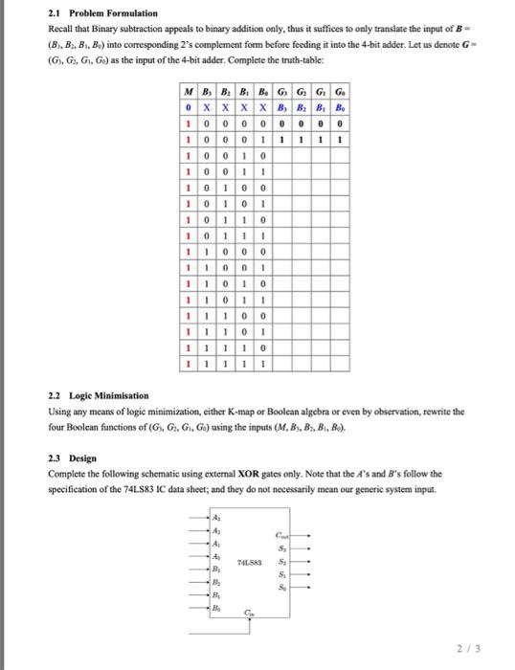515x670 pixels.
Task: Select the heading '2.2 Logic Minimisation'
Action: click(91, 395)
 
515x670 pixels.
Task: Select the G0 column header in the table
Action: click(342, 93)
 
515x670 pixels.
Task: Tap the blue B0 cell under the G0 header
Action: click(342, 108)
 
